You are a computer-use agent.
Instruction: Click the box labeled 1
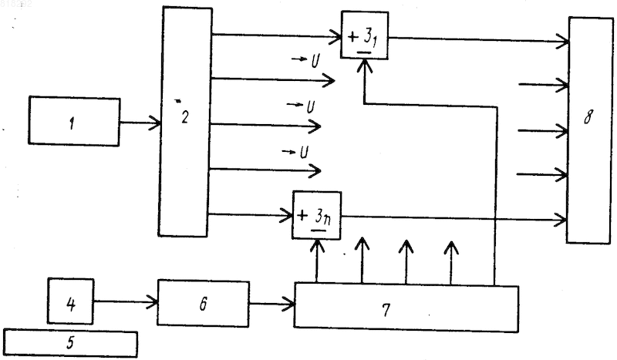click(x=74, y=121)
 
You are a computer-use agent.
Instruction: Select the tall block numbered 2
click(x=185, y=122)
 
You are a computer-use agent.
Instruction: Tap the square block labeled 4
click(x=71, y=301)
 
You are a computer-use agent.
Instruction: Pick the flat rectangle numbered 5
click(x=70, y=344)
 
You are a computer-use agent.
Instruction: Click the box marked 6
click(x=203, y=303)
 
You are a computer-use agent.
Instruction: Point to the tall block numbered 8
click(x=589, y=130)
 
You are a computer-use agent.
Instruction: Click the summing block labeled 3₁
click(x=365, y=35)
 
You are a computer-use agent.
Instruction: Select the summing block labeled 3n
click(x=317, y=215)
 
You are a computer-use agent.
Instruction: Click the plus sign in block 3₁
click(x=353, y=36)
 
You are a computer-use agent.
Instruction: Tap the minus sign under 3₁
click(x=365, y=52)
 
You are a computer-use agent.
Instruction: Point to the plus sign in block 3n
click(x=303, y=215)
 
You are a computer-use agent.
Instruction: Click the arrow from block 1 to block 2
click(x=140, y=123)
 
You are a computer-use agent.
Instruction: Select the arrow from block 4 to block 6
click(x=126, y=301)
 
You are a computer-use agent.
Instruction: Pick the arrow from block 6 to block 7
click(x=272, y=304)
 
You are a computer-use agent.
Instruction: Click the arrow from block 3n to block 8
click(x=453, y=218)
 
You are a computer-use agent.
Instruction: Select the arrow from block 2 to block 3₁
click(x=277, y=35)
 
